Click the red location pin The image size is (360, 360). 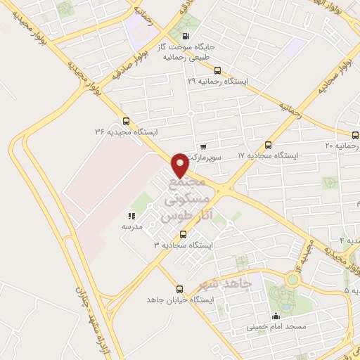tap(180, 165)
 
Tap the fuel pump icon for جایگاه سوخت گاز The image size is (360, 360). tap(185, 37)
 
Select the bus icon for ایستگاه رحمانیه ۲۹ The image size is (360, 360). tap(217, 70)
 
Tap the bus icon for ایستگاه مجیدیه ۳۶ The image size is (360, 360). tap(126, 120)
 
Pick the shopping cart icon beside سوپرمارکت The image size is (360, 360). tap(203, 147)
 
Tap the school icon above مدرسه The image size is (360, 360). tap(131, 216)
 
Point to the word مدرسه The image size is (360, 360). tap(131, 226)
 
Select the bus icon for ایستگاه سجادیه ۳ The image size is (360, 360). tap(184, 233)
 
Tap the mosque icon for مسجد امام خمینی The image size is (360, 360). tap(276, 316)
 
